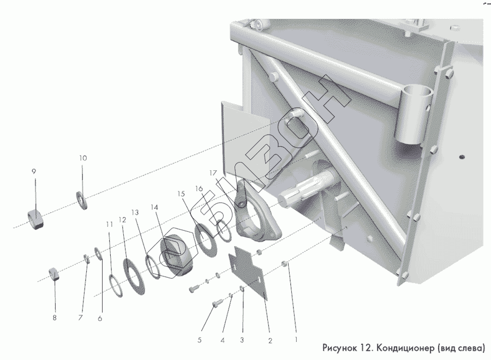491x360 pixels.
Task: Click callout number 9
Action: pos(34,172)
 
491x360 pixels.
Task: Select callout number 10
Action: pos(83,158)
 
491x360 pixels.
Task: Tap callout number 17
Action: pos(213,173)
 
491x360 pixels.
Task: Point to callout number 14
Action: pos(154,207)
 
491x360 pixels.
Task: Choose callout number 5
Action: pos(200,340)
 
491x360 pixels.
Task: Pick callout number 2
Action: pos(270,340)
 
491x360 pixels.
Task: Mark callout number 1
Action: pos(296,339)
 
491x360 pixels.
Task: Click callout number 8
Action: pos(55,318)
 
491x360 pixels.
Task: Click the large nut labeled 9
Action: pos(35,219)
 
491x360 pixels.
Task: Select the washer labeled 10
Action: pos(82,200)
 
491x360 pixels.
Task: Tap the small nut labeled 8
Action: pos(53,274)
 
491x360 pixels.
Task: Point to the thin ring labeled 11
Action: pos(116,286)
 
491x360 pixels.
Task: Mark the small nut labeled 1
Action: pos(284,263)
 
